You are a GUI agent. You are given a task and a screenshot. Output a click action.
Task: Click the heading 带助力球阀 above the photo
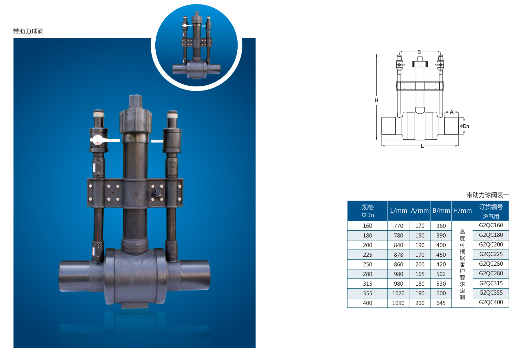28,31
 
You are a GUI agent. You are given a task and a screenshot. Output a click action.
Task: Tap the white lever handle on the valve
105,140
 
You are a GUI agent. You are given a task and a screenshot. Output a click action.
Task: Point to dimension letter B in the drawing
419,52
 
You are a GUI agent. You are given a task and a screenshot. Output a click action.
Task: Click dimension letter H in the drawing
376,100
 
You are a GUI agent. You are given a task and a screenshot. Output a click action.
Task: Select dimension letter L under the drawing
422,146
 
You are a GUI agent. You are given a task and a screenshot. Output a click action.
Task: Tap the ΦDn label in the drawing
465,126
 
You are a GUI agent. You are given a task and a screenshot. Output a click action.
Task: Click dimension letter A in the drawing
451,112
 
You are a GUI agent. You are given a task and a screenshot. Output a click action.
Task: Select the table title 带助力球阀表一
488,195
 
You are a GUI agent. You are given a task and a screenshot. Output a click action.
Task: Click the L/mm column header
398,211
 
